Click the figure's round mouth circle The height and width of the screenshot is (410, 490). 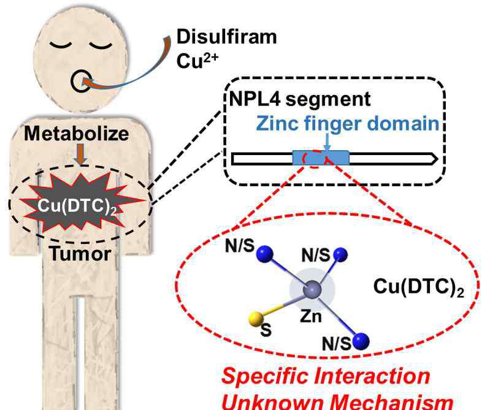tap(81, 82)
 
